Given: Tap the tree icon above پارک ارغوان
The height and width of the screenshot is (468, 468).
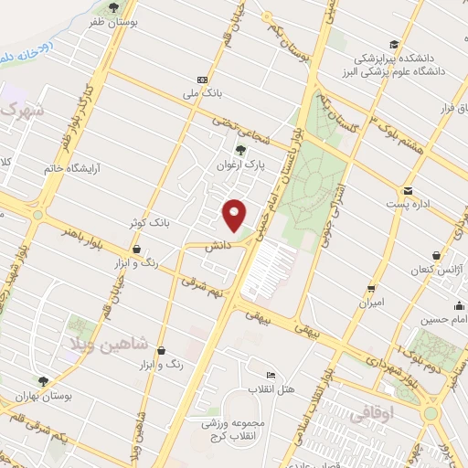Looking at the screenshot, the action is coord(241,151).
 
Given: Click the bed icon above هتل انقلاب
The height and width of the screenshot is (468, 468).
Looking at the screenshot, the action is coord(270,376).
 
